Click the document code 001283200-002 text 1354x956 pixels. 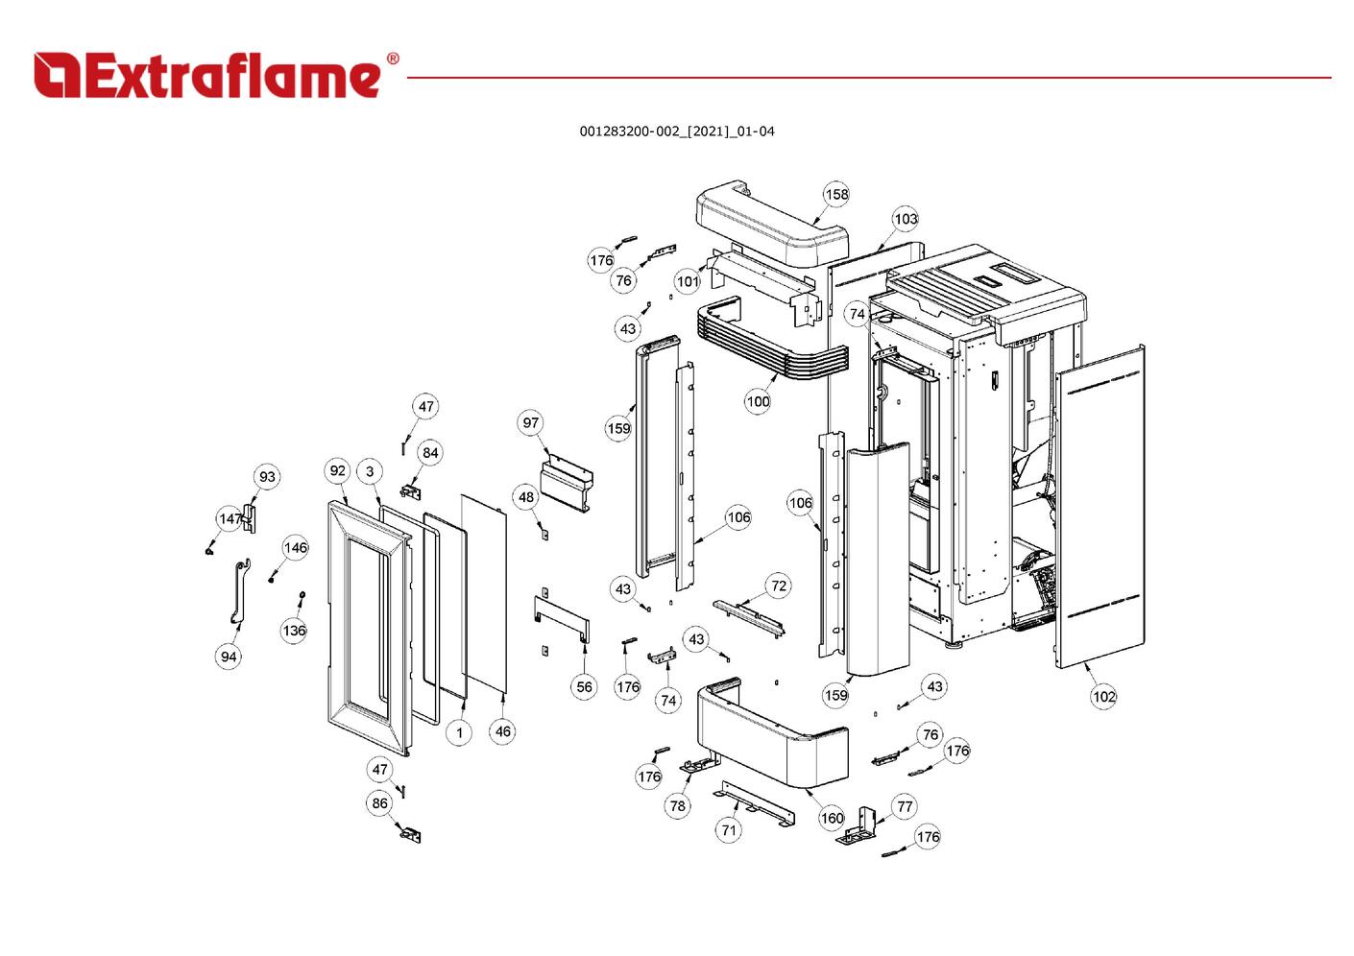[x=676, y=131]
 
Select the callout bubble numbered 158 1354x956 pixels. [x=836, y=195]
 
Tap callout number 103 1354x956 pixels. [x=906, y=219]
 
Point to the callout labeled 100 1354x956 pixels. [x=758, y=401]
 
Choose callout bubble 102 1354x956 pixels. [x=1103, y=696]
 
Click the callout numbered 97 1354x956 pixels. [x=531, y=422]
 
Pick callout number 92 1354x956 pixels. [x=337, y=470]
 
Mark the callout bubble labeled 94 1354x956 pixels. [x=229, y=657]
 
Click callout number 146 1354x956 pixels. [x=296, y=547]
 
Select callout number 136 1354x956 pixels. [x=294, y=631]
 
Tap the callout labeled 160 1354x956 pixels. [x=832, y=818]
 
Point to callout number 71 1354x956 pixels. [x=729, y=829]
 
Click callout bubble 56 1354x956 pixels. [x=584, y=686]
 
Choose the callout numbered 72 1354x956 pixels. [x=779, y=586]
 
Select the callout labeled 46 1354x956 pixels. [x=503, y=731]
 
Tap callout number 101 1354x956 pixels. [x=688, y=281]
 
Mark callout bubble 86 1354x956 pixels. [x=380, y=803]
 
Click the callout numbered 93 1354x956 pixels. [x=267, y=476]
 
